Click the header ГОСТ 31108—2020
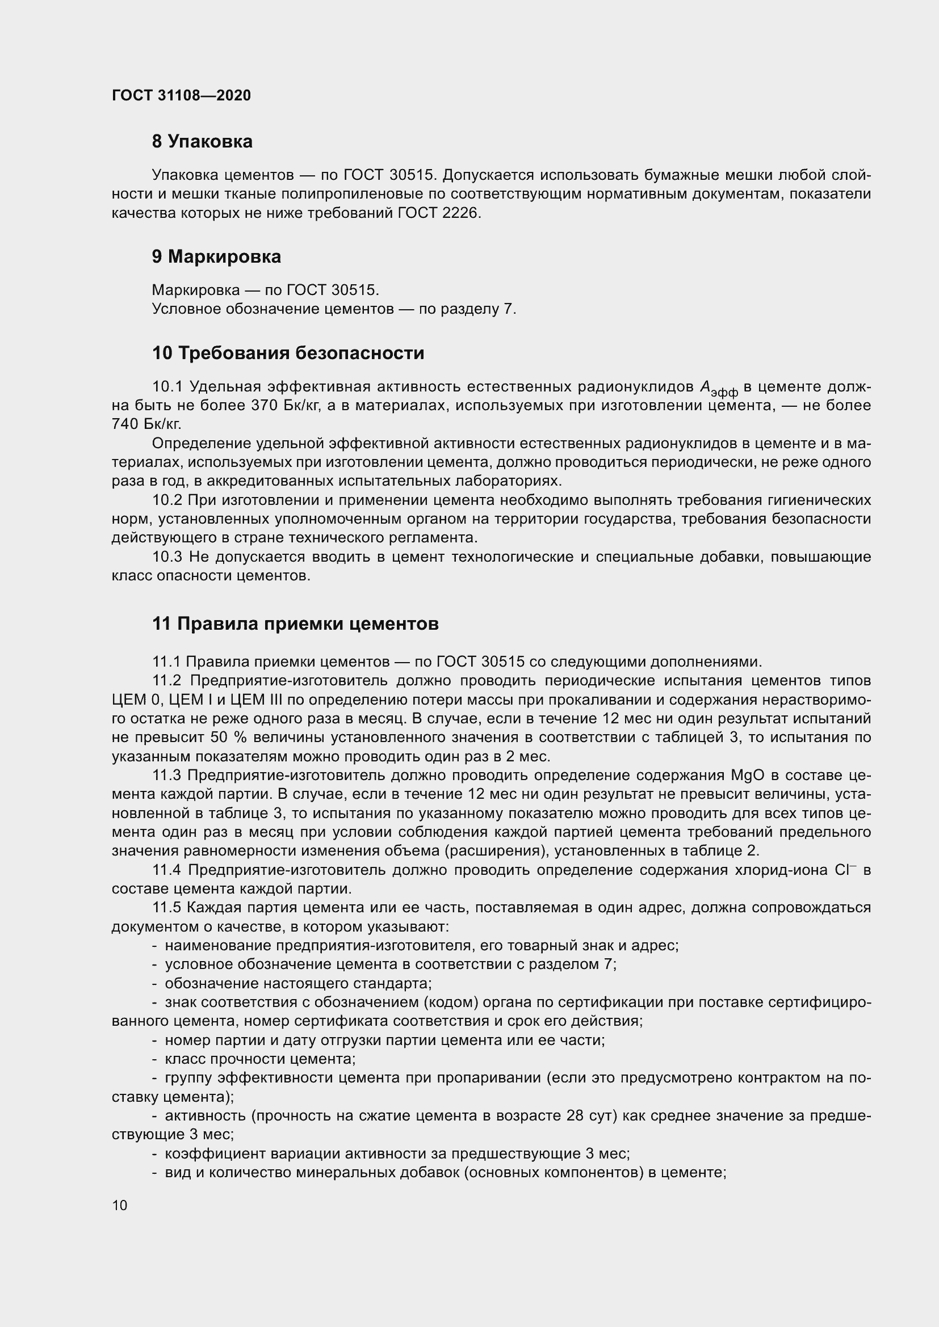click(x=181, y=95)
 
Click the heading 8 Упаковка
click(x=202, y=142)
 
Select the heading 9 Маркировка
click(x=216, y=256)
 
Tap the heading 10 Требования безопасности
click(x=288, y=353)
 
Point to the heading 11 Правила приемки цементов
click(x=295, y=624)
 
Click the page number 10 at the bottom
click(x=120, y=1205)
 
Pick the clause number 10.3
click(x=167, y=557)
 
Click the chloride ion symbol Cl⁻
click(x=845, y=870)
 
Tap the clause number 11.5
click(x=167, y=907)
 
